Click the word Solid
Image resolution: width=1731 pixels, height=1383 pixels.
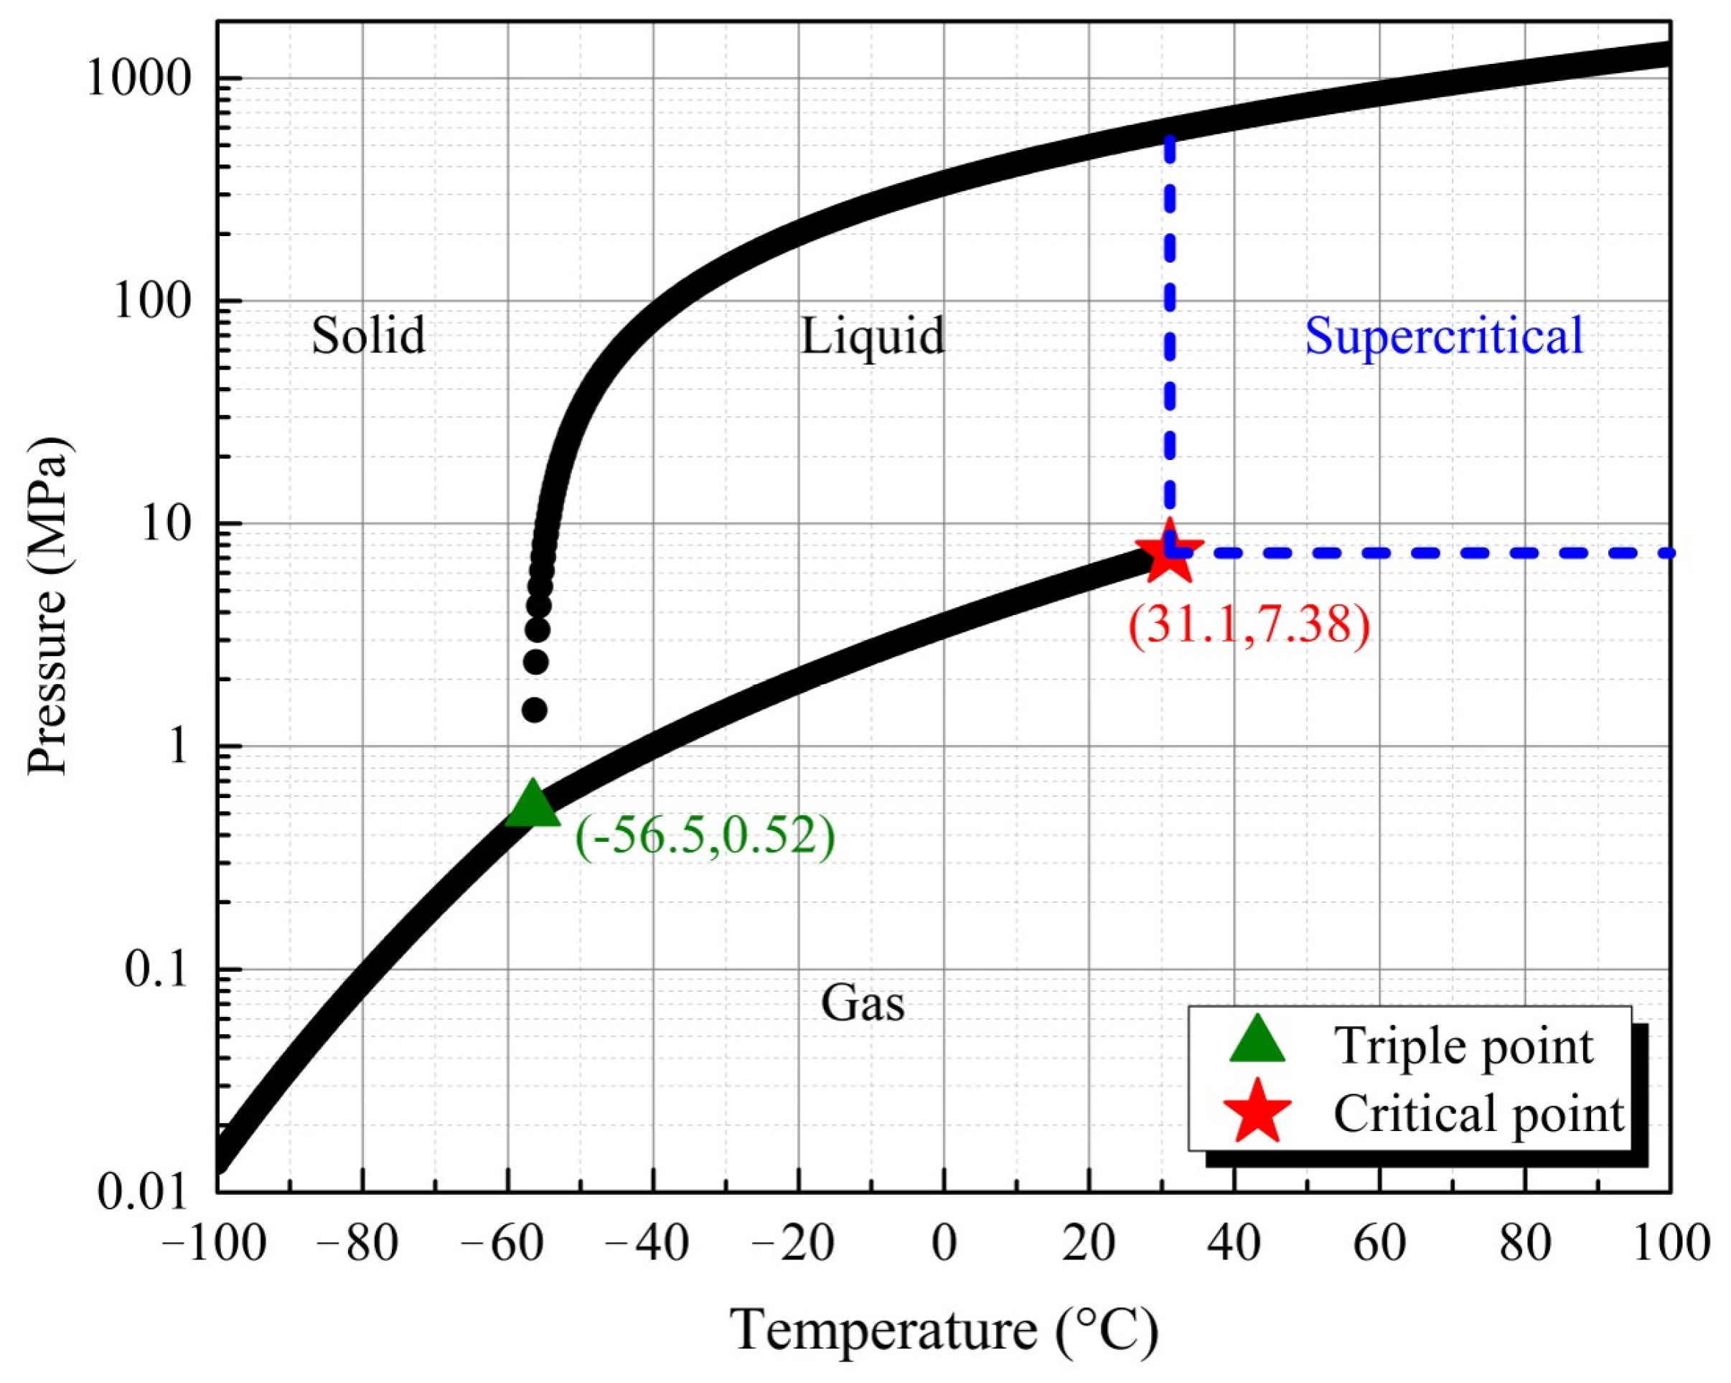coord(369,336)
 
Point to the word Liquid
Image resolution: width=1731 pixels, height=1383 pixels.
coord(873,336)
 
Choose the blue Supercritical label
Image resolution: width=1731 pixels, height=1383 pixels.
coord(1443,336)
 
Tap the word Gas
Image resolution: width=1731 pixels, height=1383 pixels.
coord(863,1004)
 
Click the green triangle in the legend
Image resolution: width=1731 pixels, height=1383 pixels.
coord(1257,1041)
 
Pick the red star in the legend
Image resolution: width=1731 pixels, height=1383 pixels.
coord(1257,1112)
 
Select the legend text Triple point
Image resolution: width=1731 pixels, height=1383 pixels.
coord(1463,1046)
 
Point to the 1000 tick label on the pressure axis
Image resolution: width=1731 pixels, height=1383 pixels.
coord(140,80)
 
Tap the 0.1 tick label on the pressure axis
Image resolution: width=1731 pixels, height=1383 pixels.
coord(156,970)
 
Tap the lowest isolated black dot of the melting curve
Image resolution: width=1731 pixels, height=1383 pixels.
coord(535,710)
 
